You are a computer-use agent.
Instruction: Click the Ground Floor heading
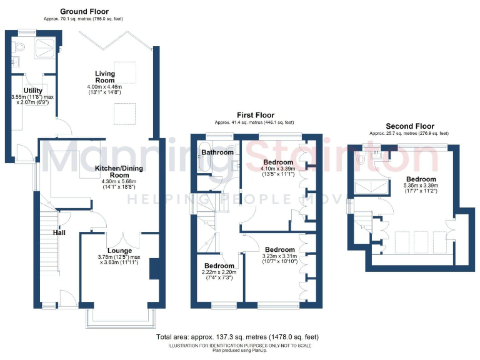pos(84,11)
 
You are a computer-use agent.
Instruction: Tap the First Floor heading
pos(255,115)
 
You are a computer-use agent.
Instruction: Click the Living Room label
pos(104,77)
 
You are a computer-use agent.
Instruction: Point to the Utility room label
pos(33,91)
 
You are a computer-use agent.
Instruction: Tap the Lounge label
pos(119,251)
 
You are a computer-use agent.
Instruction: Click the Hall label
pos(59,232)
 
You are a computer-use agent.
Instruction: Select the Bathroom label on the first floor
pos(217,152)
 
